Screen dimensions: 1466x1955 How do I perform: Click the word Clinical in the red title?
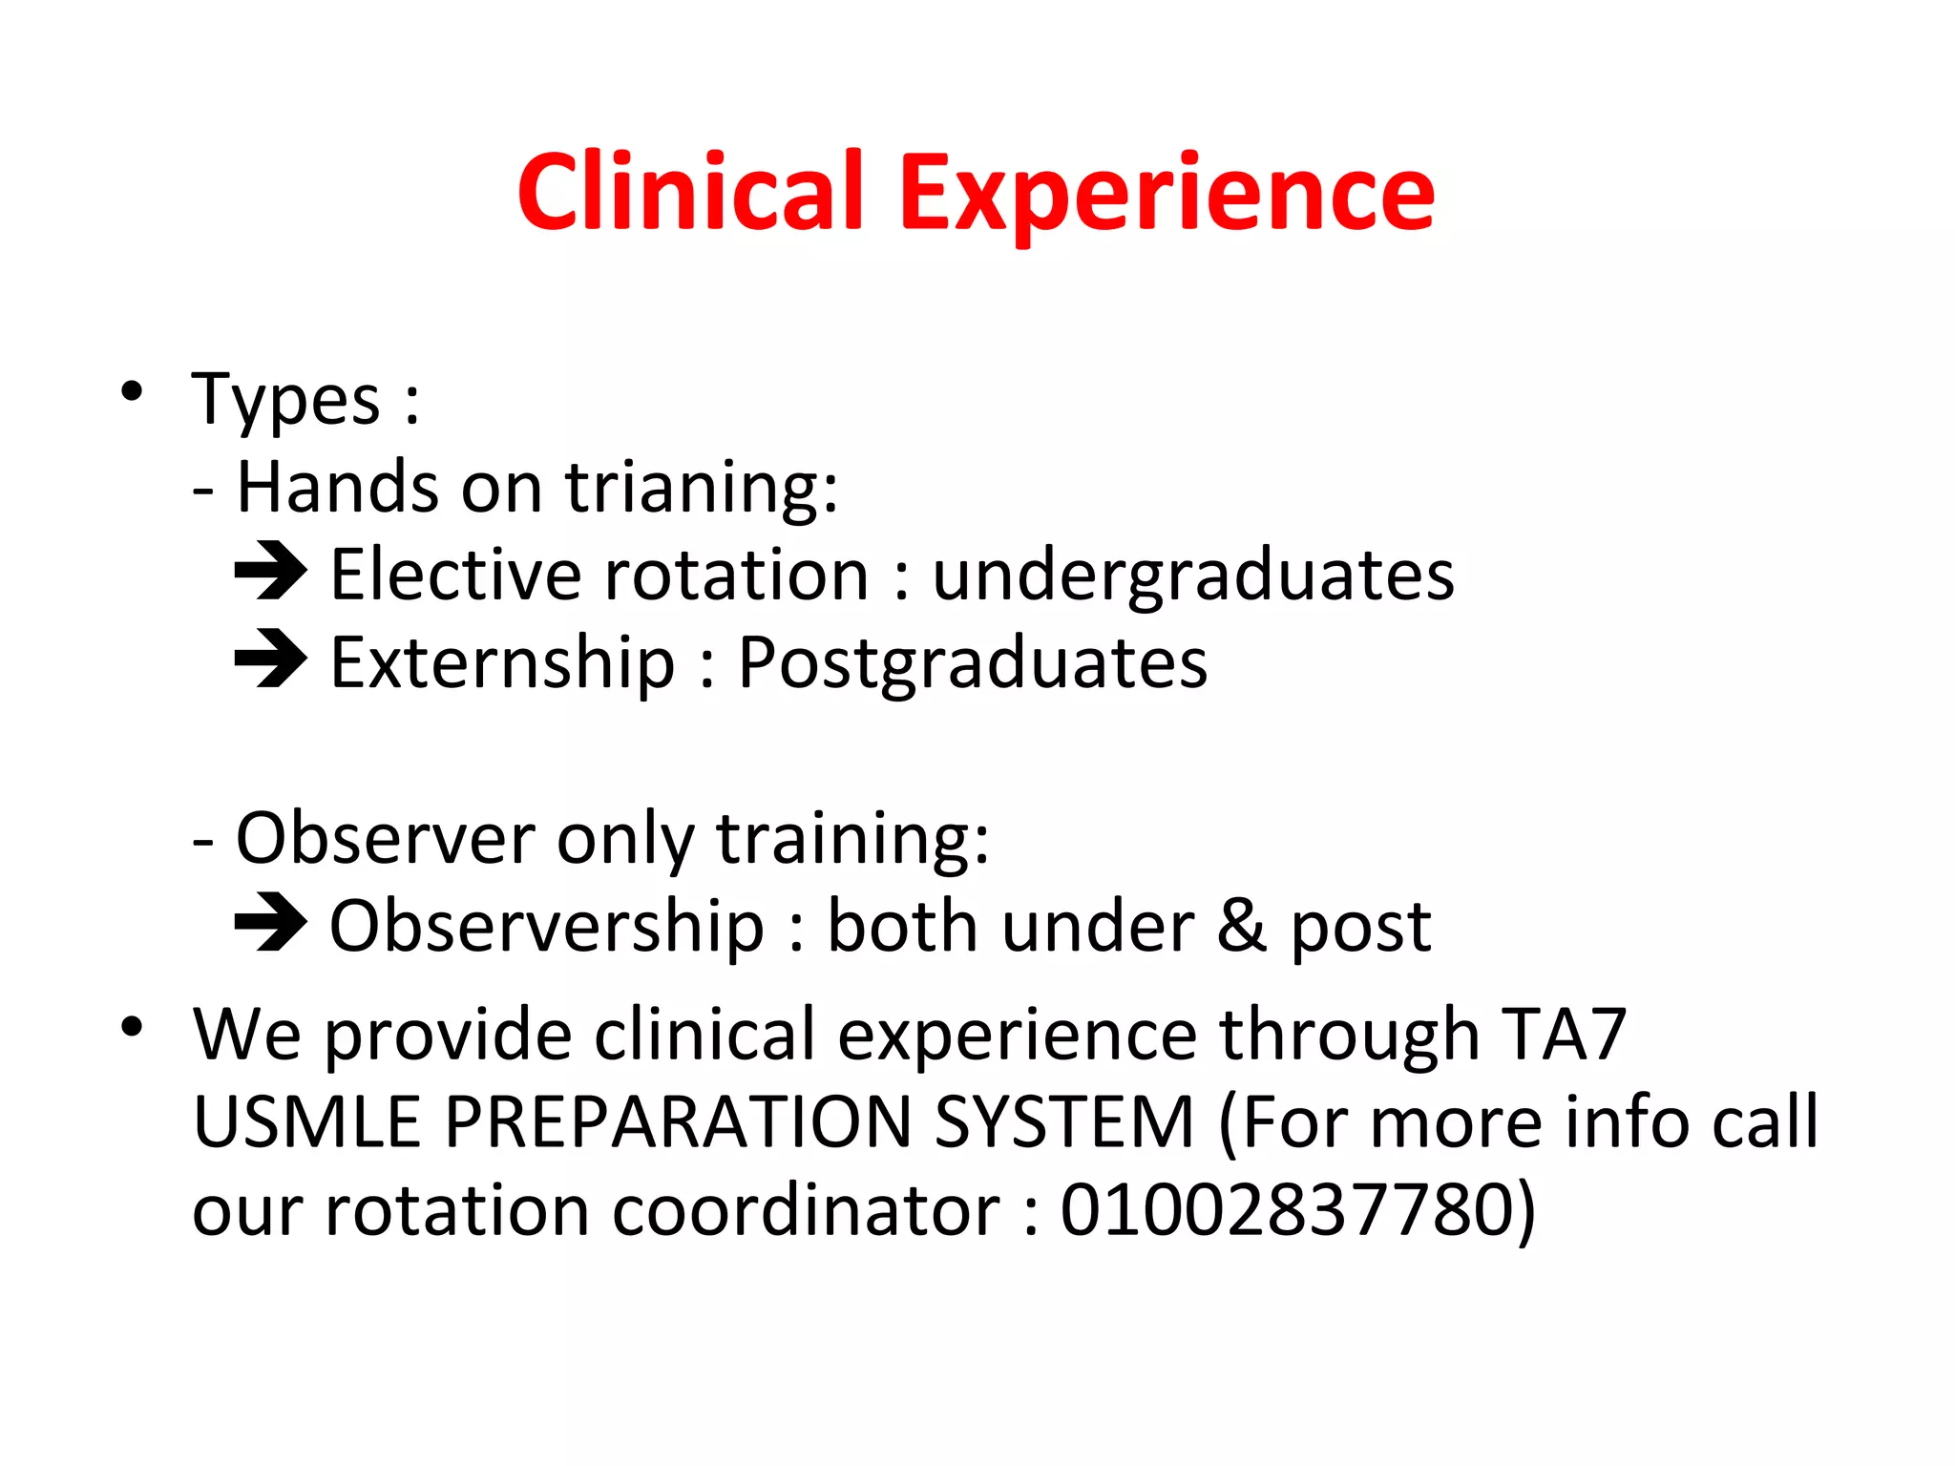690,194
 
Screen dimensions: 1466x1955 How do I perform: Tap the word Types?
285,400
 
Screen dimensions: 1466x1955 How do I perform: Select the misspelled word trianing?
701,488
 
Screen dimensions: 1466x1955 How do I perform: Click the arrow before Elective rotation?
270,572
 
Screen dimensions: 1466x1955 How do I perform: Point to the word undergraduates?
1192,576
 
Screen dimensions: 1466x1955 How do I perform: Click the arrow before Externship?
270,660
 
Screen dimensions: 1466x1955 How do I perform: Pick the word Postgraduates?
972,663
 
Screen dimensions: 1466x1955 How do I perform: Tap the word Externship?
502,663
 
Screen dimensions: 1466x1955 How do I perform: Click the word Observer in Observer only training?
387,838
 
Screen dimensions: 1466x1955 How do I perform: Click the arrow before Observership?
270,923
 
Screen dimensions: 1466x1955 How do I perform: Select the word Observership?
546,927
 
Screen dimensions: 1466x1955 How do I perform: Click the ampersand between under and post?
1242,926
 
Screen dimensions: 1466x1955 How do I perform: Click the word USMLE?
306,1121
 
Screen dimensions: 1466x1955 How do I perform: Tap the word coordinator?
806,1210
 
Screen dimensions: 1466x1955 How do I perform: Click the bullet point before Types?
132,390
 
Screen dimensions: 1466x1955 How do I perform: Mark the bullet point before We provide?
132,1027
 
